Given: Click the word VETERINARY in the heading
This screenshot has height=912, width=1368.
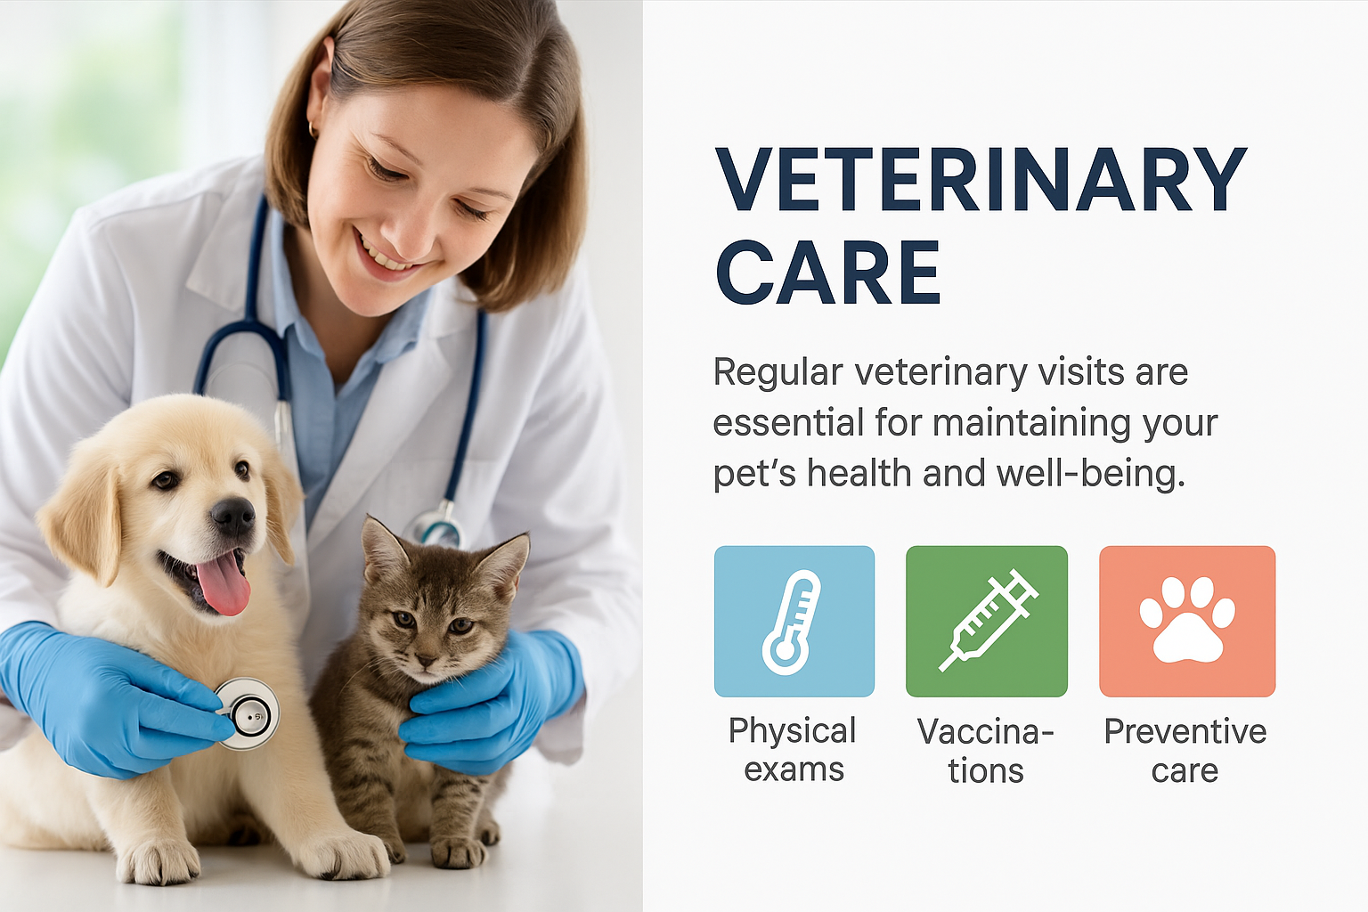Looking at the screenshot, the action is tap(981, 180).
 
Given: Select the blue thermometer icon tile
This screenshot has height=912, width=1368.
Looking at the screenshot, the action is tap(794, 622).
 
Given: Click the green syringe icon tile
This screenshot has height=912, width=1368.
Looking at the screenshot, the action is tap(986, 622).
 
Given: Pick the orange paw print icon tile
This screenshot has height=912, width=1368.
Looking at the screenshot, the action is tap(1187, 622).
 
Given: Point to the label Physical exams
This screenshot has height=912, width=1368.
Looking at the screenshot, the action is tap(793, 750).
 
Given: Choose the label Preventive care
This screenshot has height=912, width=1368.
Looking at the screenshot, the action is tap(1185, 750).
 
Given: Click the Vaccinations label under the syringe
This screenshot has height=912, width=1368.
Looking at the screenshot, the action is tap(986, 750).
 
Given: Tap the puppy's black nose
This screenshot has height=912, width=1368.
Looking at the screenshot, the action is tap(232, 517).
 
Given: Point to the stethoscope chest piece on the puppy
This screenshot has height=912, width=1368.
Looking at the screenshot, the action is tap(248, 713).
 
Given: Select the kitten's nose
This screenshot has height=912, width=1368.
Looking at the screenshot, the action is tap(426, 661).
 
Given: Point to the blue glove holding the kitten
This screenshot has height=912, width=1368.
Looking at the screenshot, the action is tap(492, 703).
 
